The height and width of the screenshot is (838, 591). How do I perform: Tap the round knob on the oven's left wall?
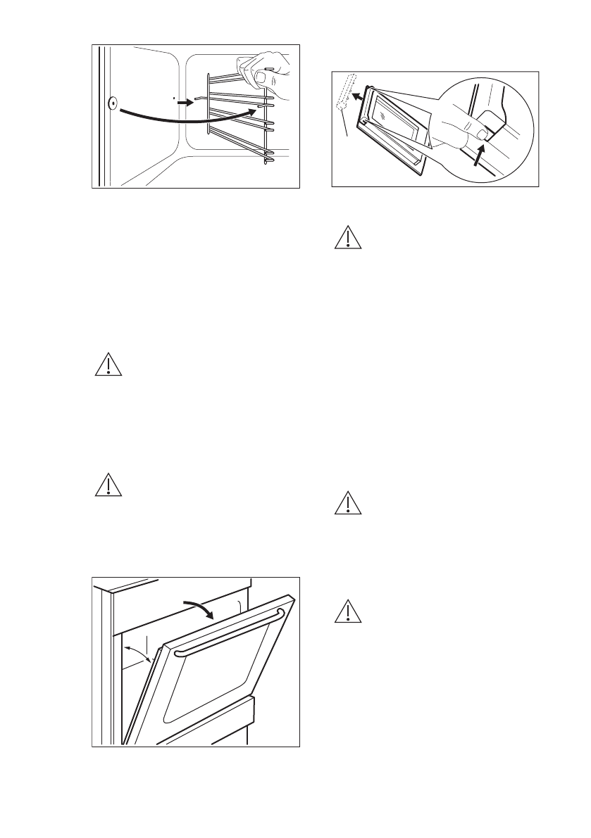click(113, 103)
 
